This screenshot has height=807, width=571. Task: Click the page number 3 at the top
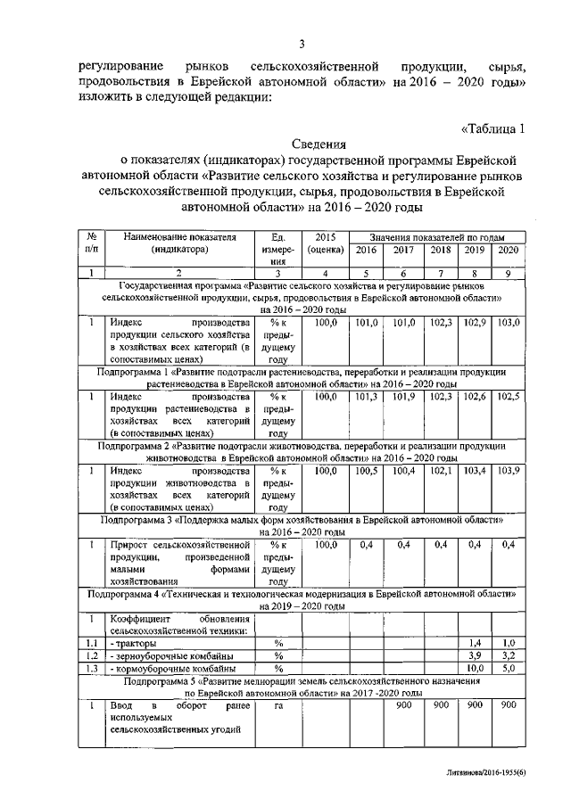302,45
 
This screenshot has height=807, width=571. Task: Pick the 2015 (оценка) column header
326,243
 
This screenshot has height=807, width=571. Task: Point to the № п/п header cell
91,243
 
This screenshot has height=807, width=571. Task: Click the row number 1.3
91,668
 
